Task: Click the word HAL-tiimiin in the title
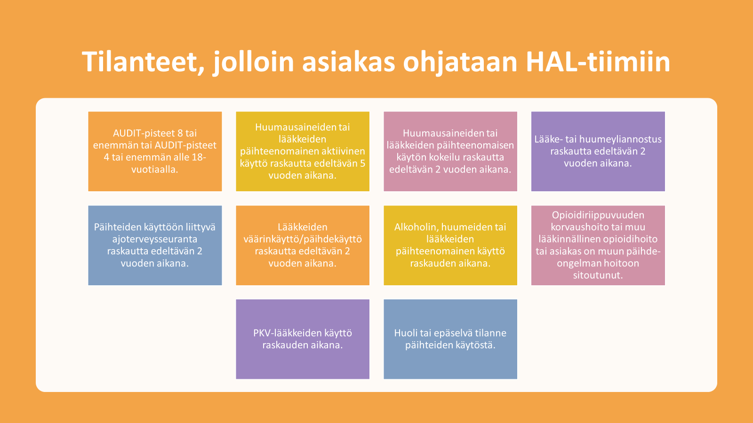coord(598,62)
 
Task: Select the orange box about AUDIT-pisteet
coord(155,151)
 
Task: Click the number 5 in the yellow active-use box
coord(363,163)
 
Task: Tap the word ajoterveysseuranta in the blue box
coord(155,239)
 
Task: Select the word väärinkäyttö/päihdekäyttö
coord(303,239)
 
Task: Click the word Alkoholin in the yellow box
coord(416,227)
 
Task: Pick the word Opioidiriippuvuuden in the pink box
coord(598,215)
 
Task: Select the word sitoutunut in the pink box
coord(598,275)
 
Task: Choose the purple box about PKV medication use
coord(303,339)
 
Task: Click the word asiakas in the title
coord(349,63)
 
